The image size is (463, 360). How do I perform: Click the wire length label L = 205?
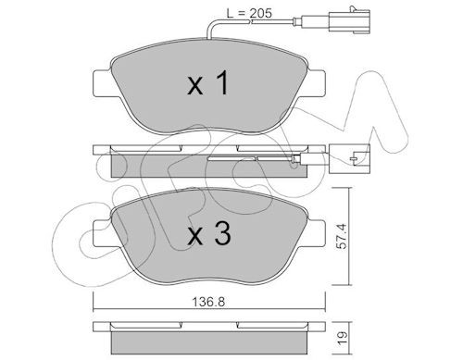coord(249,13)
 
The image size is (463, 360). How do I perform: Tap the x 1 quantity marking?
coord(208,82)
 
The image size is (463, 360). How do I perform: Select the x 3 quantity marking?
coord(209,233)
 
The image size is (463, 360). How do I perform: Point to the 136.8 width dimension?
coord(208,302)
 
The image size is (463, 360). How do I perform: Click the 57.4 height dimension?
coord(342,236)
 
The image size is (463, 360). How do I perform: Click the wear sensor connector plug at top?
coord(351,19)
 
